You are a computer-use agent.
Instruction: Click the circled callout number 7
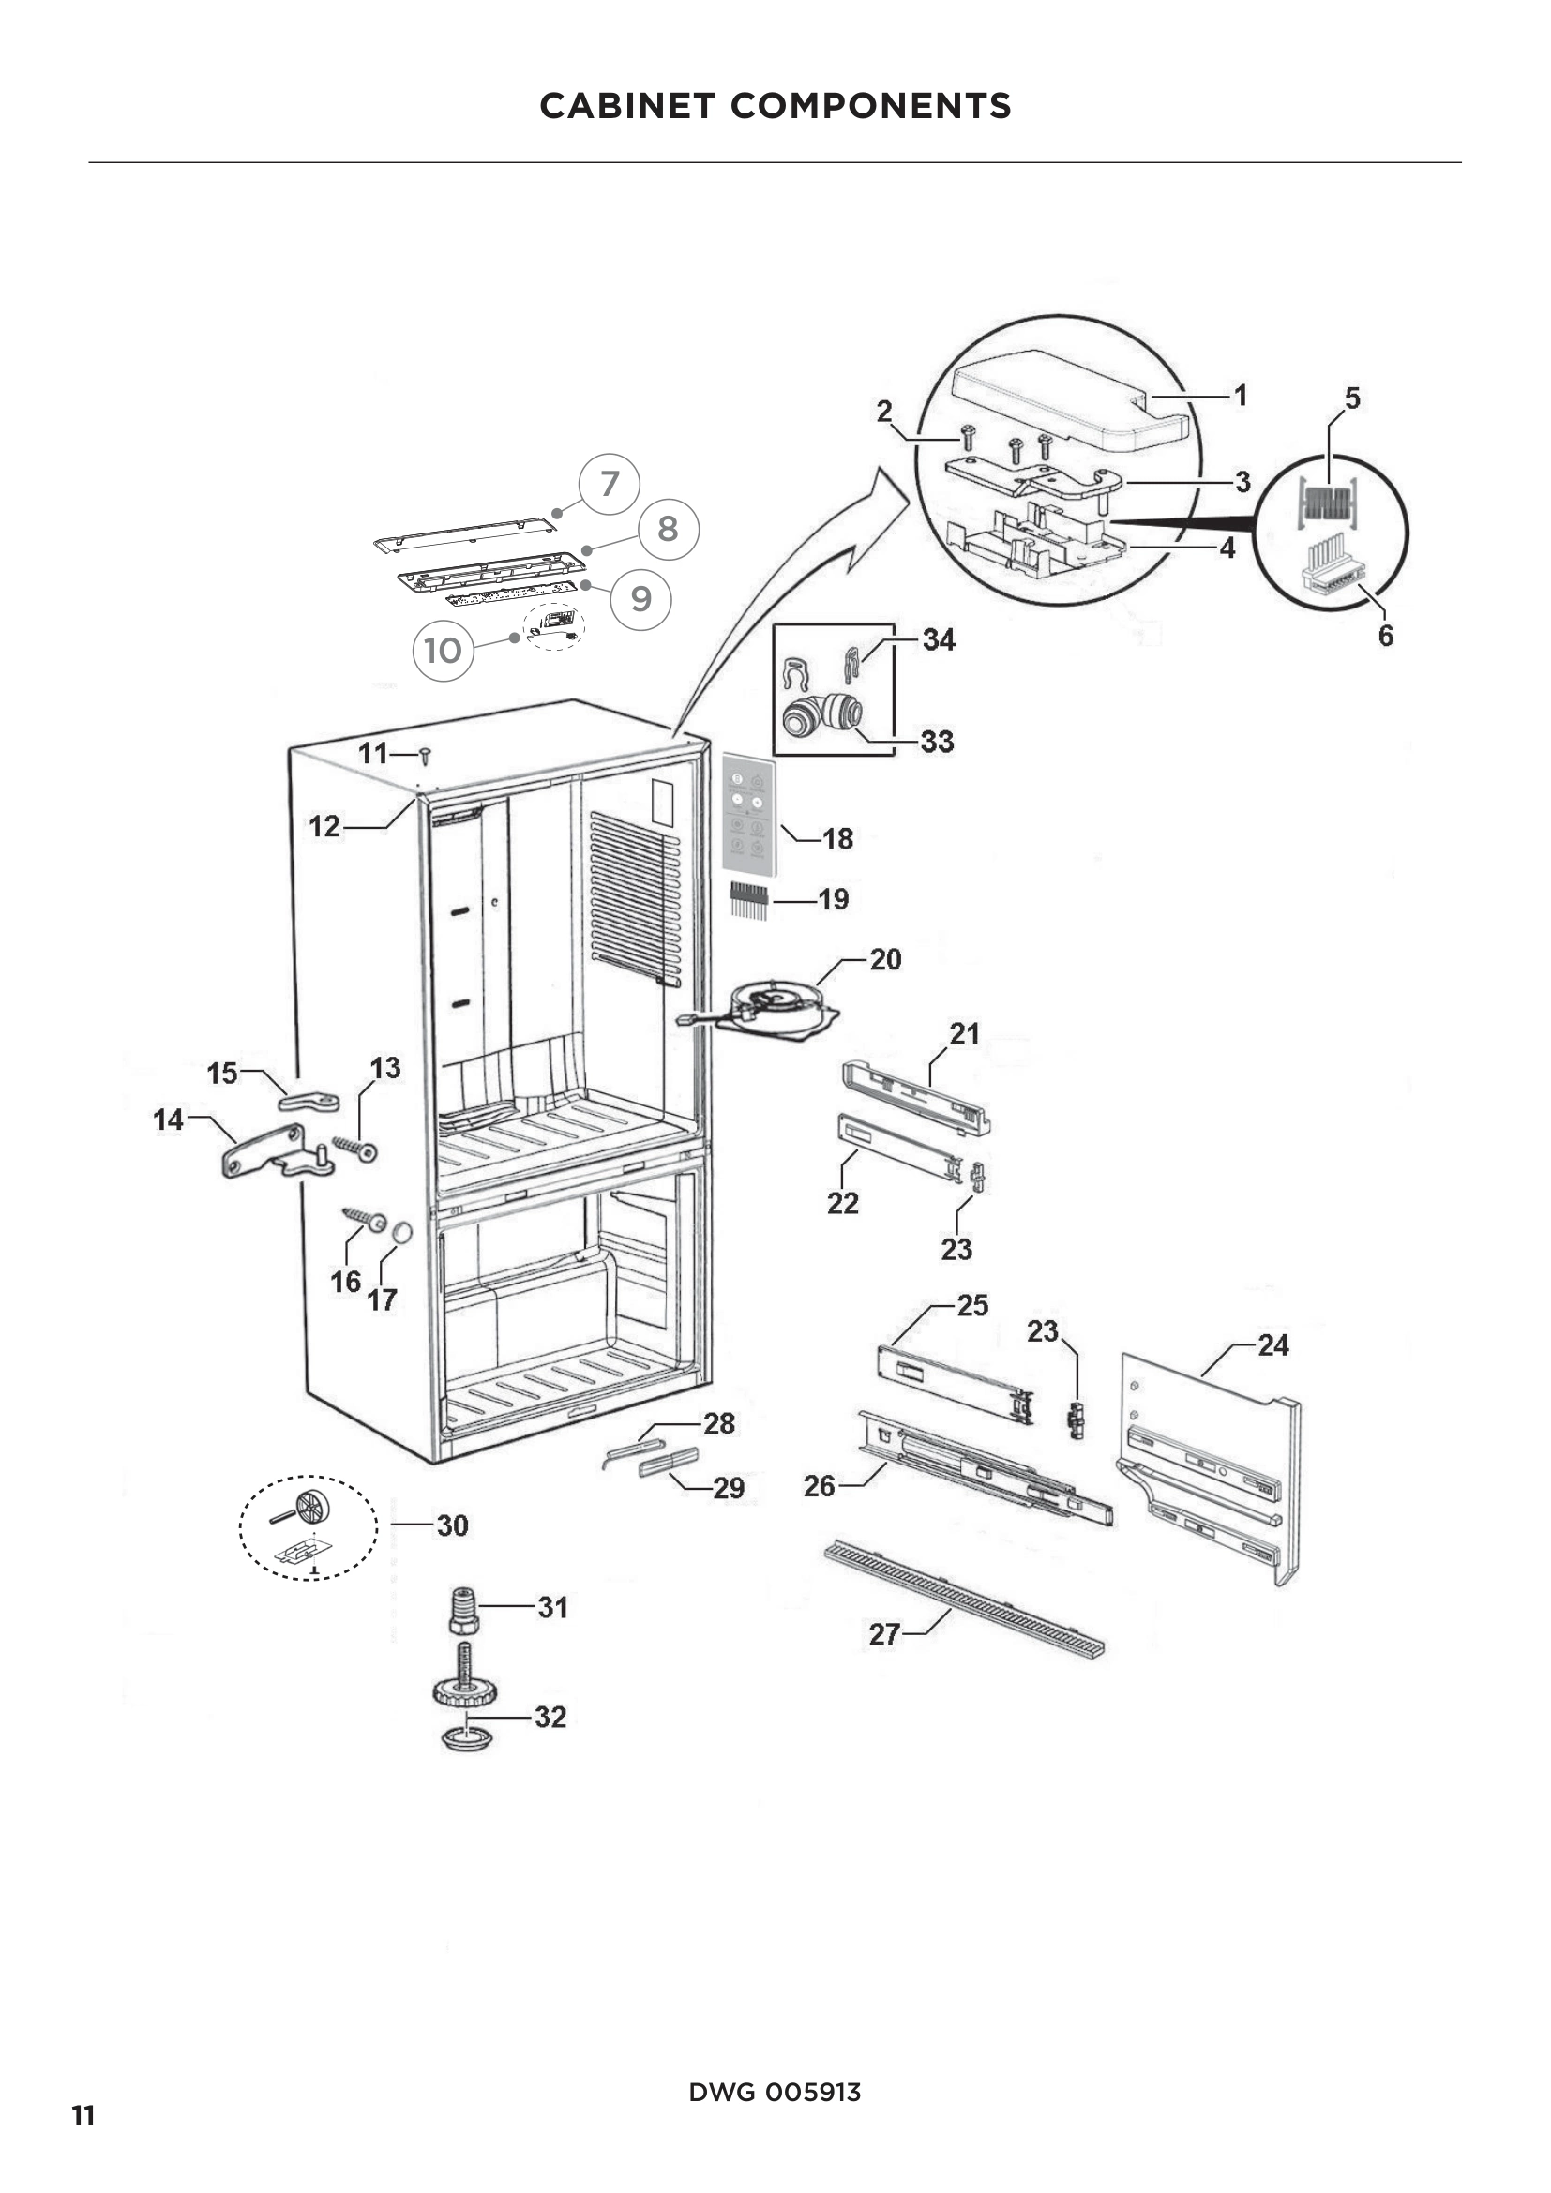pos(610,484)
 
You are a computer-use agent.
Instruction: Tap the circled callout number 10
pos(444,651)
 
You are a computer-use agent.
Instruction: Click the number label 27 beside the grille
pos(883,1634)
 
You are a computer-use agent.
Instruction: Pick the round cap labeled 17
pos(401,1232)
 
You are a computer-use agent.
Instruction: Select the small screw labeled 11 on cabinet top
pos(425,757)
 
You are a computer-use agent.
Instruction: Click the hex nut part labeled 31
pos(463,1611)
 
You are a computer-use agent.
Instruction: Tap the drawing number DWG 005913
pos(775,2092)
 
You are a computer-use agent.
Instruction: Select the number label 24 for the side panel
pos(1272,1345)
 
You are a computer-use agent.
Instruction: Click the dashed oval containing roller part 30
pos(308,1527)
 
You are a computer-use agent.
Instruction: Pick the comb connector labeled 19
pos(750,900)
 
